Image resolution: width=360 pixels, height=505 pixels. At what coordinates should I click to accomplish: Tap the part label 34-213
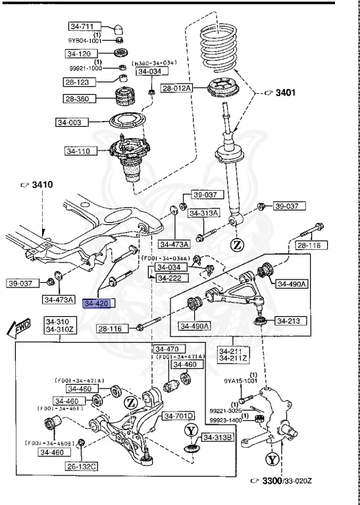tap(288, 322)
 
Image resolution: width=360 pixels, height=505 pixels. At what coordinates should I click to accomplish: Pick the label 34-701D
tap(179, 416)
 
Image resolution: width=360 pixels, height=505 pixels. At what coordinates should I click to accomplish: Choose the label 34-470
tap(166, 349)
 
